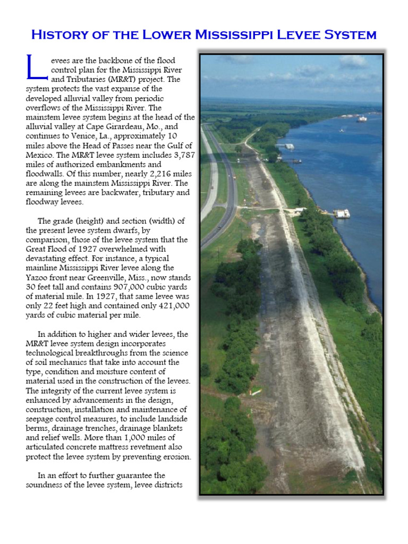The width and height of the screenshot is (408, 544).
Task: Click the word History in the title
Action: click(x=58, y=35)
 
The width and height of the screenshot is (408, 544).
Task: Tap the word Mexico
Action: click(x=40, y=155)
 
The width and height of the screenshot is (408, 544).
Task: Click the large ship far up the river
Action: click(x=361, y=119)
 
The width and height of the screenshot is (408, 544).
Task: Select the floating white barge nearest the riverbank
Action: click(x=342, y=214)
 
